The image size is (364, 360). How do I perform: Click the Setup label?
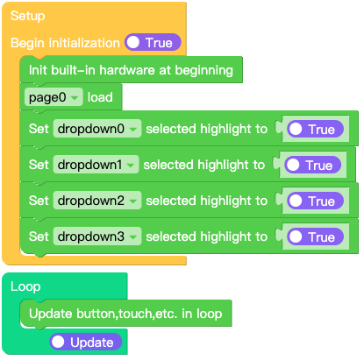[x=28, y=17]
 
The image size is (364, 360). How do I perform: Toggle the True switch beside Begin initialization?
[x=153, y=42]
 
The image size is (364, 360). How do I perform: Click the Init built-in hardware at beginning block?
[x=131, y=69]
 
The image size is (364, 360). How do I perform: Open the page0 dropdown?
[x=54, y=96]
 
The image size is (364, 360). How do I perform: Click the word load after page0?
[x=100, y=96]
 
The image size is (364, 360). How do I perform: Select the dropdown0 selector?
[x=97, y=129]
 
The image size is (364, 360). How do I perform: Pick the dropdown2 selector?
[x=97, y=201]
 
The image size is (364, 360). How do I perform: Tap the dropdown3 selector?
[x=97, y=236]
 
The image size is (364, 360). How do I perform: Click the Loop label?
[x=25, y=286]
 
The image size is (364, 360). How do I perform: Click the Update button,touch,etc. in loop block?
[x=125, y=313]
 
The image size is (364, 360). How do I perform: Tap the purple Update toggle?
[x=85, y=342]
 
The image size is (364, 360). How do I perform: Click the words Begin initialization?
[x=65, y=42]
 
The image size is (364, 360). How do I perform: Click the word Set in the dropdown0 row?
[x=39, y=129]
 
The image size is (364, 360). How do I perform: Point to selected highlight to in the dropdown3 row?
[x=206, y=236]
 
